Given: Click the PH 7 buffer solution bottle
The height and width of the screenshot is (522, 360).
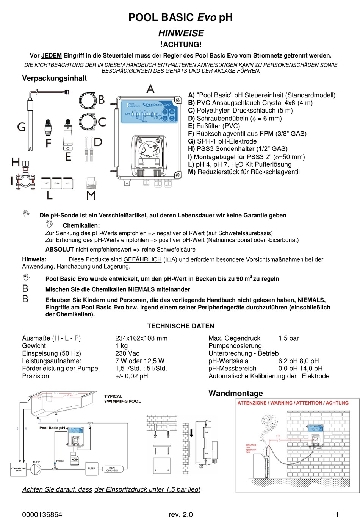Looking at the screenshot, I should tap(46, 184).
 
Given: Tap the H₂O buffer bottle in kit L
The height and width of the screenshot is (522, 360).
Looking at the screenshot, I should tap(68, 184).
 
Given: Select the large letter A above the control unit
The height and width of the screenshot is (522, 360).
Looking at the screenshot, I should tap(150, 89).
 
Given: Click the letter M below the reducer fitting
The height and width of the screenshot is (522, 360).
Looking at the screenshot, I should tap(91, 195).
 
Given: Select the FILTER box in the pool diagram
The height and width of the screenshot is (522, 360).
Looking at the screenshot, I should tap(91, 468).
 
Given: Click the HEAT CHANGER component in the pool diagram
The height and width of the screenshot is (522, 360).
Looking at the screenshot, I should tap(112, 469).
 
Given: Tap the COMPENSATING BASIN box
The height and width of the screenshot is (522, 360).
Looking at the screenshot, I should tap(19, 469).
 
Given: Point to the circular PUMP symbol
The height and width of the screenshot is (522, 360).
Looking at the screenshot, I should tap(36, 469).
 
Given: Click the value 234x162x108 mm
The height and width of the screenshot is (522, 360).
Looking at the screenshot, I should tap(141, 338).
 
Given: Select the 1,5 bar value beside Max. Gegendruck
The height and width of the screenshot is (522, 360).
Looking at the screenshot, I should tap(288, 338).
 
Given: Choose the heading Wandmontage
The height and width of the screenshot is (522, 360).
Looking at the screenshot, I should tap(235, 393).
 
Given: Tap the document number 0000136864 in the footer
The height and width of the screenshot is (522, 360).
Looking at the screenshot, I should tap(42, 514).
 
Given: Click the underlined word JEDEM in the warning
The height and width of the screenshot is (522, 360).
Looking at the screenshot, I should tap(52, 55).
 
